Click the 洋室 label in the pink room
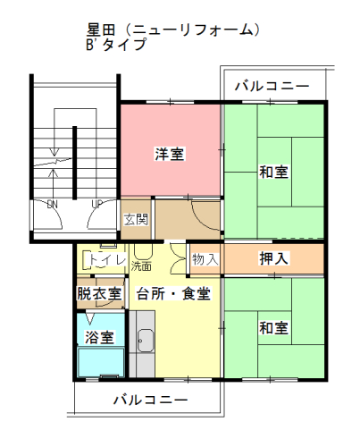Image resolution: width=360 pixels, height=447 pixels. point(170,154)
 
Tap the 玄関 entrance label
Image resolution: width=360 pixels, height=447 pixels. point(136,220)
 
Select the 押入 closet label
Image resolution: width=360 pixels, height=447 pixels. point(273,258)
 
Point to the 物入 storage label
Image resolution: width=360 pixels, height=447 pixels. point(205,259)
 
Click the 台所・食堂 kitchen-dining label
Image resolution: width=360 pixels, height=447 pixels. point(174,293)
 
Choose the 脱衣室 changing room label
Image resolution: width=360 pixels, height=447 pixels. point(99,293)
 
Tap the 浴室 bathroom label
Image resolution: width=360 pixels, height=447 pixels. point(99,337)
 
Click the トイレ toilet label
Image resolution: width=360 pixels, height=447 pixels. point(107,260)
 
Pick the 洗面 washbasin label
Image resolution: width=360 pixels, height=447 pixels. point(141,266)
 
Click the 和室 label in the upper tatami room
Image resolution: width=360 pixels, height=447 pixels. point(273,172)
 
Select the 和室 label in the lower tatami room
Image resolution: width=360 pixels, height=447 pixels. point(273,328)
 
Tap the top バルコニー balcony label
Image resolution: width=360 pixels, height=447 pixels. point(272,86)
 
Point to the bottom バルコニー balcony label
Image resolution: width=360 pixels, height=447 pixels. point(150,400)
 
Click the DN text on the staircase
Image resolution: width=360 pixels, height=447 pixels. point(53,205)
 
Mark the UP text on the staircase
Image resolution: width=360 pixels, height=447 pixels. point(97,205)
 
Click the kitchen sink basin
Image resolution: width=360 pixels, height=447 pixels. point(146,341)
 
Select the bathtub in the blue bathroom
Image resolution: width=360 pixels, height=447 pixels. point(101,362)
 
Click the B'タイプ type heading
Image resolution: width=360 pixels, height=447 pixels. point(116,45)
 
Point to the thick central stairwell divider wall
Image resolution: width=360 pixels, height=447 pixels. point(75,163)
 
